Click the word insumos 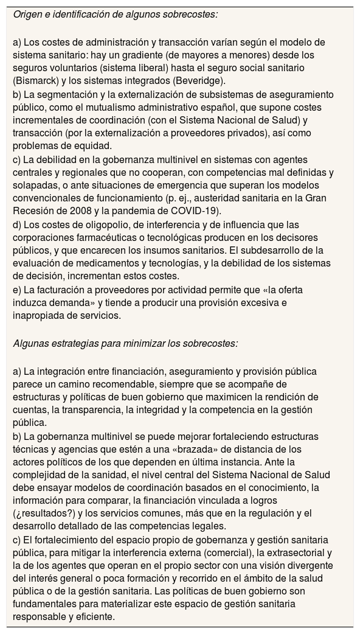[221, 250]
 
